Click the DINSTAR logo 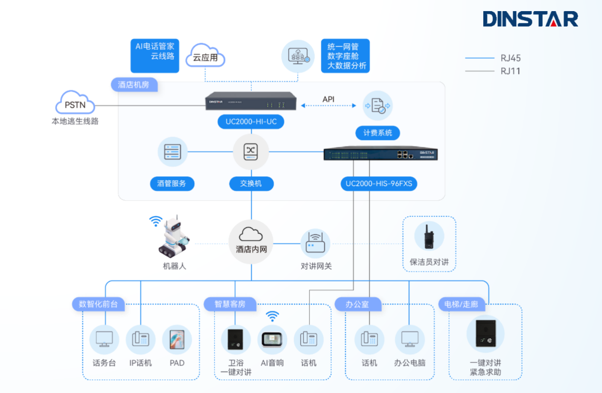tap(530, 19)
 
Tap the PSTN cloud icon tap(75, 103)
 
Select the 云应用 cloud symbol tap(205, 56)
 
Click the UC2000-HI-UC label tap(251, 122)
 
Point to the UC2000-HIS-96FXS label tap(379, 184)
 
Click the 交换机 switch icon tap(251, 152)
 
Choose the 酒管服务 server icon tap(172, 152)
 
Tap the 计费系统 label tap(378, 133)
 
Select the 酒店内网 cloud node tap(251, 242)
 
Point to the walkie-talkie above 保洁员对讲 tap(429, 236)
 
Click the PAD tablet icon tap(177, 339)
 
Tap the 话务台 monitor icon tap(104, 339)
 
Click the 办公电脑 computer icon tap(409, 339)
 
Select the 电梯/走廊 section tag tap(461, 304)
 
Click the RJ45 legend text tap(511, 58)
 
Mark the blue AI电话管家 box tap(155, 56)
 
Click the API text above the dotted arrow tap(328, 99)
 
